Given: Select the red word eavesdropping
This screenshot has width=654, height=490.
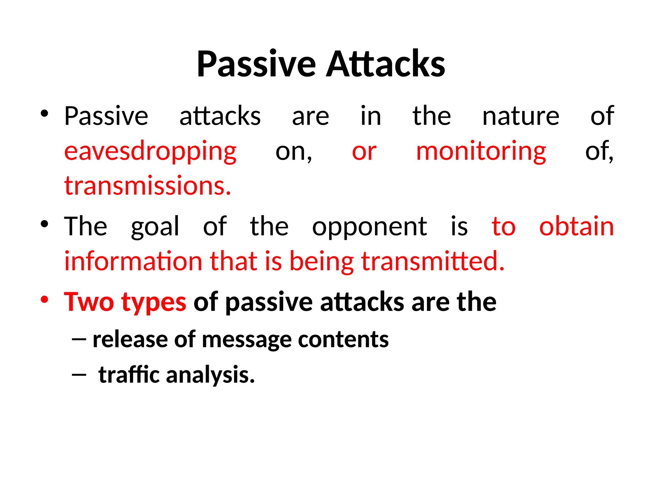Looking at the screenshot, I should pyautogui.click(x=150, y=151).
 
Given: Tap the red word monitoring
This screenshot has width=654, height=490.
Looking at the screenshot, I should pyautogui.click(x=481, y=151).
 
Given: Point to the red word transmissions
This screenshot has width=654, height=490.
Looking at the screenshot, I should pyautogui.click(x=148, y=186).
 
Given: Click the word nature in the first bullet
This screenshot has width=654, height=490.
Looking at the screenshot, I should pyautogui.click(x=521, y=116).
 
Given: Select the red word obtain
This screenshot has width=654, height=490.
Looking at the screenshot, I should pyautogui.click(x=576, y=226).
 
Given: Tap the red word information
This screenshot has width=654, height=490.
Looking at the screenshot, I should pyautogui.click(x=133, y=262).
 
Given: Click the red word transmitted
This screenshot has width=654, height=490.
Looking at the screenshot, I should pyautogui.click(x=433, y=262).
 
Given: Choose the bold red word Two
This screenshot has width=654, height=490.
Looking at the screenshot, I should pyautogui.click(x=89, y=302).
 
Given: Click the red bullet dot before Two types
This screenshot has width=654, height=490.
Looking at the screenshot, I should pyautogui.click(x=44, y=300).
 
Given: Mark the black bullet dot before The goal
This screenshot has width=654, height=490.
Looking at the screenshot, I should pyautogui.click(x=44, y=224).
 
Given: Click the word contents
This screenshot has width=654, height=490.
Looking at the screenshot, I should pyautogui.click(x=343, y=339).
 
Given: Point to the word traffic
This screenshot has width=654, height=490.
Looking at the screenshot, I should pyautogui.click(x=129, y=375).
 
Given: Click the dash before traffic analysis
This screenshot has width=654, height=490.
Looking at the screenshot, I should pyautogui.click(x=79, y=375).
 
